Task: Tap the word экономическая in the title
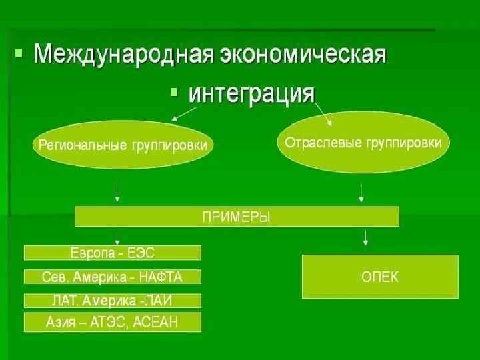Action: click(x=300, y=53)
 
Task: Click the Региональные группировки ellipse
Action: click(x=123, y=145)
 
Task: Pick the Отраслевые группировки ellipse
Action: click(x=363, y=143)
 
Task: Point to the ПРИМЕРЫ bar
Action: click(x=237, y=217)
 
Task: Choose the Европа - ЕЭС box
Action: click(x=113, y=253)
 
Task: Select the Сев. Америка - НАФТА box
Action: click(x=113, y=276)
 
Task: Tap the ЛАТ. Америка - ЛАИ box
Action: click(x=113, y=300)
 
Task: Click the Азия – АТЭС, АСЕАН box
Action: click(x=113, y=323)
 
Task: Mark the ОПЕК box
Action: click(x=380, y=276)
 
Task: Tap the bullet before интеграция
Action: click(x=175, y=91)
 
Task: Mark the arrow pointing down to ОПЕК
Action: click(x=365, y=237)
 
